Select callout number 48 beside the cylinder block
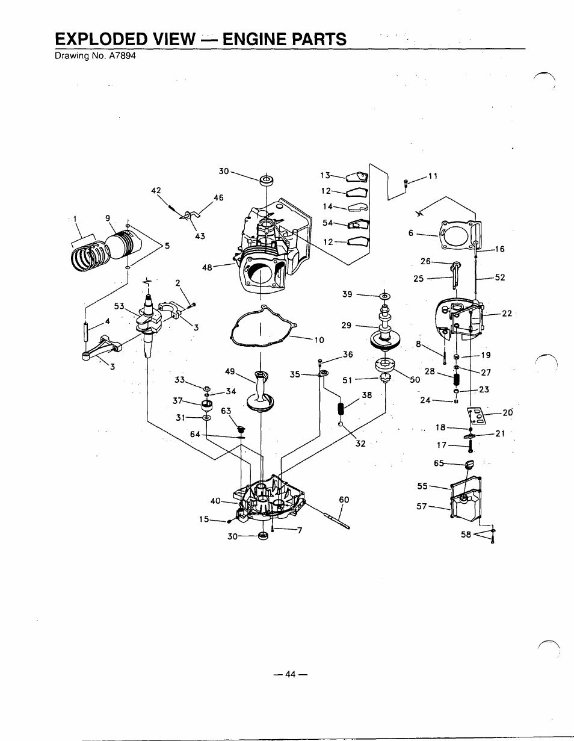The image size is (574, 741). (x=207, y=268)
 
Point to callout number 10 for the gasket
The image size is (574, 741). (x=319, y=340)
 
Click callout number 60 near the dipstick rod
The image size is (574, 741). (x=344, y=500)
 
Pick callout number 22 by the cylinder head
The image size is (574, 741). (x=507, y=313)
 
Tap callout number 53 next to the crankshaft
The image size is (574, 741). (x=119, y=306)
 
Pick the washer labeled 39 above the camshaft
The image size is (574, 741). (x=384, y=296)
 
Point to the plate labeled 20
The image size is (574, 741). (x=475, y=417)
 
